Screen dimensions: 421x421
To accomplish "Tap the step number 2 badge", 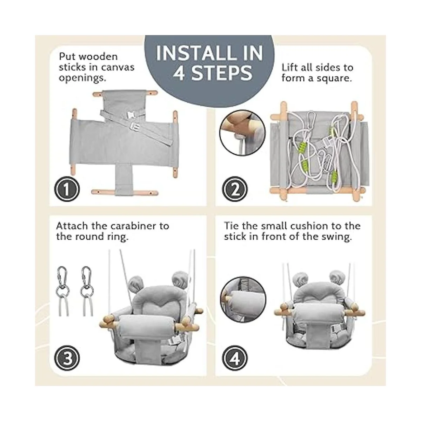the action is pos(235,189).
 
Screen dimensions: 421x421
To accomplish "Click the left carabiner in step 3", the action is pos(63,291).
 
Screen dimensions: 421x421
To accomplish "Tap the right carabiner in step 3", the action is pos(87,291).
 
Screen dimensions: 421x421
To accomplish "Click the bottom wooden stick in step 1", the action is pos(125,193).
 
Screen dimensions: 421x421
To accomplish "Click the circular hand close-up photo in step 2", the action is pos(242,133).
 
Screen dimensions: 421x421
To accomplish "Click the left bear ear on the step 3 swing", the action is pos(135,284).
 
